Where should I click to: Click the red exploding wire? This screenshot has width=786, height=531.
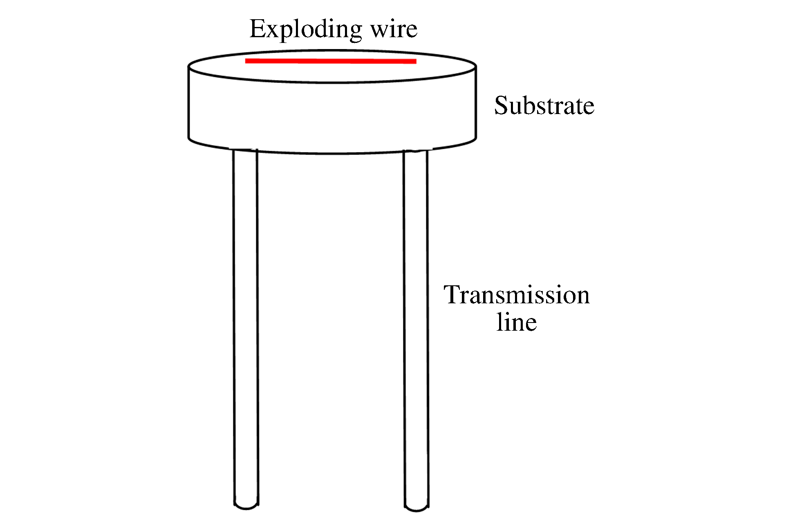[331, 61]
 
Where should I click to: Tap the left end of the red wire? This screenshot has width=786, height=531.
[246, 61]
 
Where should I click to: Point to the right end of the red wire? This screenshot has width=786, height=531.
[415, 62]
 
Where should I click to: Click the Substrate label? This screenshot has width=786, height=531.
[544, 106]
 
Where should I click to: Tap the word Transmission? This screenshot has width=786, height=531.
[517, 295]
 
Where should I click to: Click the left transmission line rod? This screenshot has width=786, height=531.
[246, 327]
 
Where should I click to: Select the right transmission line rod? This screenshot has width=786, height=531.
[416, 327]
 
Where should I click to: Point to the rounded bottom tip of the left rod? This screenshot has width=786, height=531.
[246, 507]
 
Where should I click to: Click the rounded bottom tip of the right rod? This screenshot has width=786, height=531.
[417, 509]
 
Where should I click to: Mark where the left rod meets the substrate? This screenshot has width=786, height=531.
[245, 150]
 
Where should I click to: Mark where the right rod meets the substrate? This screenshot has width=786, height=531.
[416, 152]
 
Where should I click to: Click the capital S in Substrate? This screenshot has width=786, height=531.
[502, 105]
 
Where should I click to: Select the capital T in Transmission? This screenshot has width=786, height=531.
[454, 295]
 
